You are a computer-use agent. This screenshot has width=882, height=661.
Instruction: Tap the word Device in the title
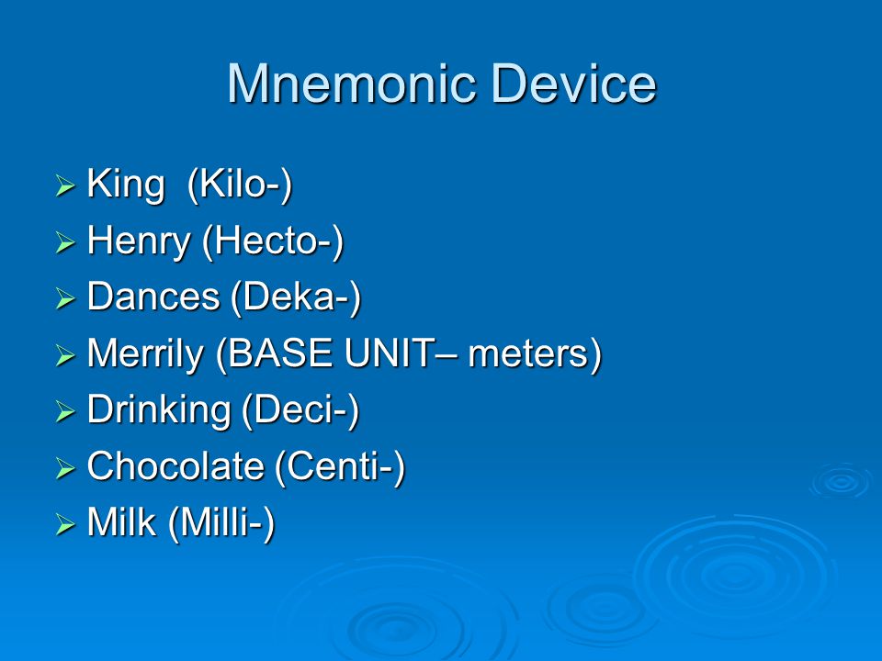(x=573, y=84)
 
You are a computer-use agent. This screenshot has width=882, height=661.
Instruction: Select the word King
(x=126, y=185)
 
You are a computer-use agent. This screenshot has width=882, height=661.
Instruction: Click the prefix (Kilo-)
(x=240, y=185)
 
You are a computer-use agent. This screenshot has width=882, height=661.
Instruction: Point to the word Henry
(x=139, y=242)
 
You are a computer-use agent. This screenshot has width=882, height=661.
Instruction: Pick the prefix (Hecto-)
(x=273, y=241)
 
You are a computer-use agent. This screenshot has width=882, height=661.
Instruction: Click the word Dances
(x=153, y=297)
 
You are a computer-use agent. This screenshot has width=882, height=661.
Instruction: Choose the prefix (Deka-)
(x=296, y=297)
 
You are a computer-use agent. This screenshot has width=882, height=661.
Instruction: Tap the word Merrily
(x=145, y=354)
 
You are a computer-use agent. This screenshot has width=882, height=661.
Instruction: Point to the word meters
(x=529, y=354)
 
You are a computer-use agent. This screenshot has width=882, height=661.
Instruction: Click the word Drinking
(x=159, y=411)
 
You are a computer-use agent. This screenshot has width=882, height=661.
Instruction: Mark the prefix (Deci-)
(x=301, y=409)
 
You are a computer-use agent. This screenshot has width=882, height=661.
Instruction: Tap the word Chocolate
(x=175, y=466)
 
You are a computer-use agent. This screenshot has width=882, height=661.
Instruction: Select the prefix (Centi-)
(x=340, y=466)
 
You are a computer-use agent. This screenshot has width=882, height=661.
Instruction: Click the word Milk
(x=121, y=522)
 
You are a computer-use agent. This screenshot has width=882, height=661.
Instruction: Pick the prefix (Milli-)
(x=221, y=522)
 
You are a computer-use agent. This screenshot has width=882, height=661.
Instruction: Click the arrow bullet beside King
(x=65, y=186)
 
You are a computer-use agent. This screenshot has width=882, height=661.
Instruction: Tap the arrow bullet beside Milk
(x=65, y=524)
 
